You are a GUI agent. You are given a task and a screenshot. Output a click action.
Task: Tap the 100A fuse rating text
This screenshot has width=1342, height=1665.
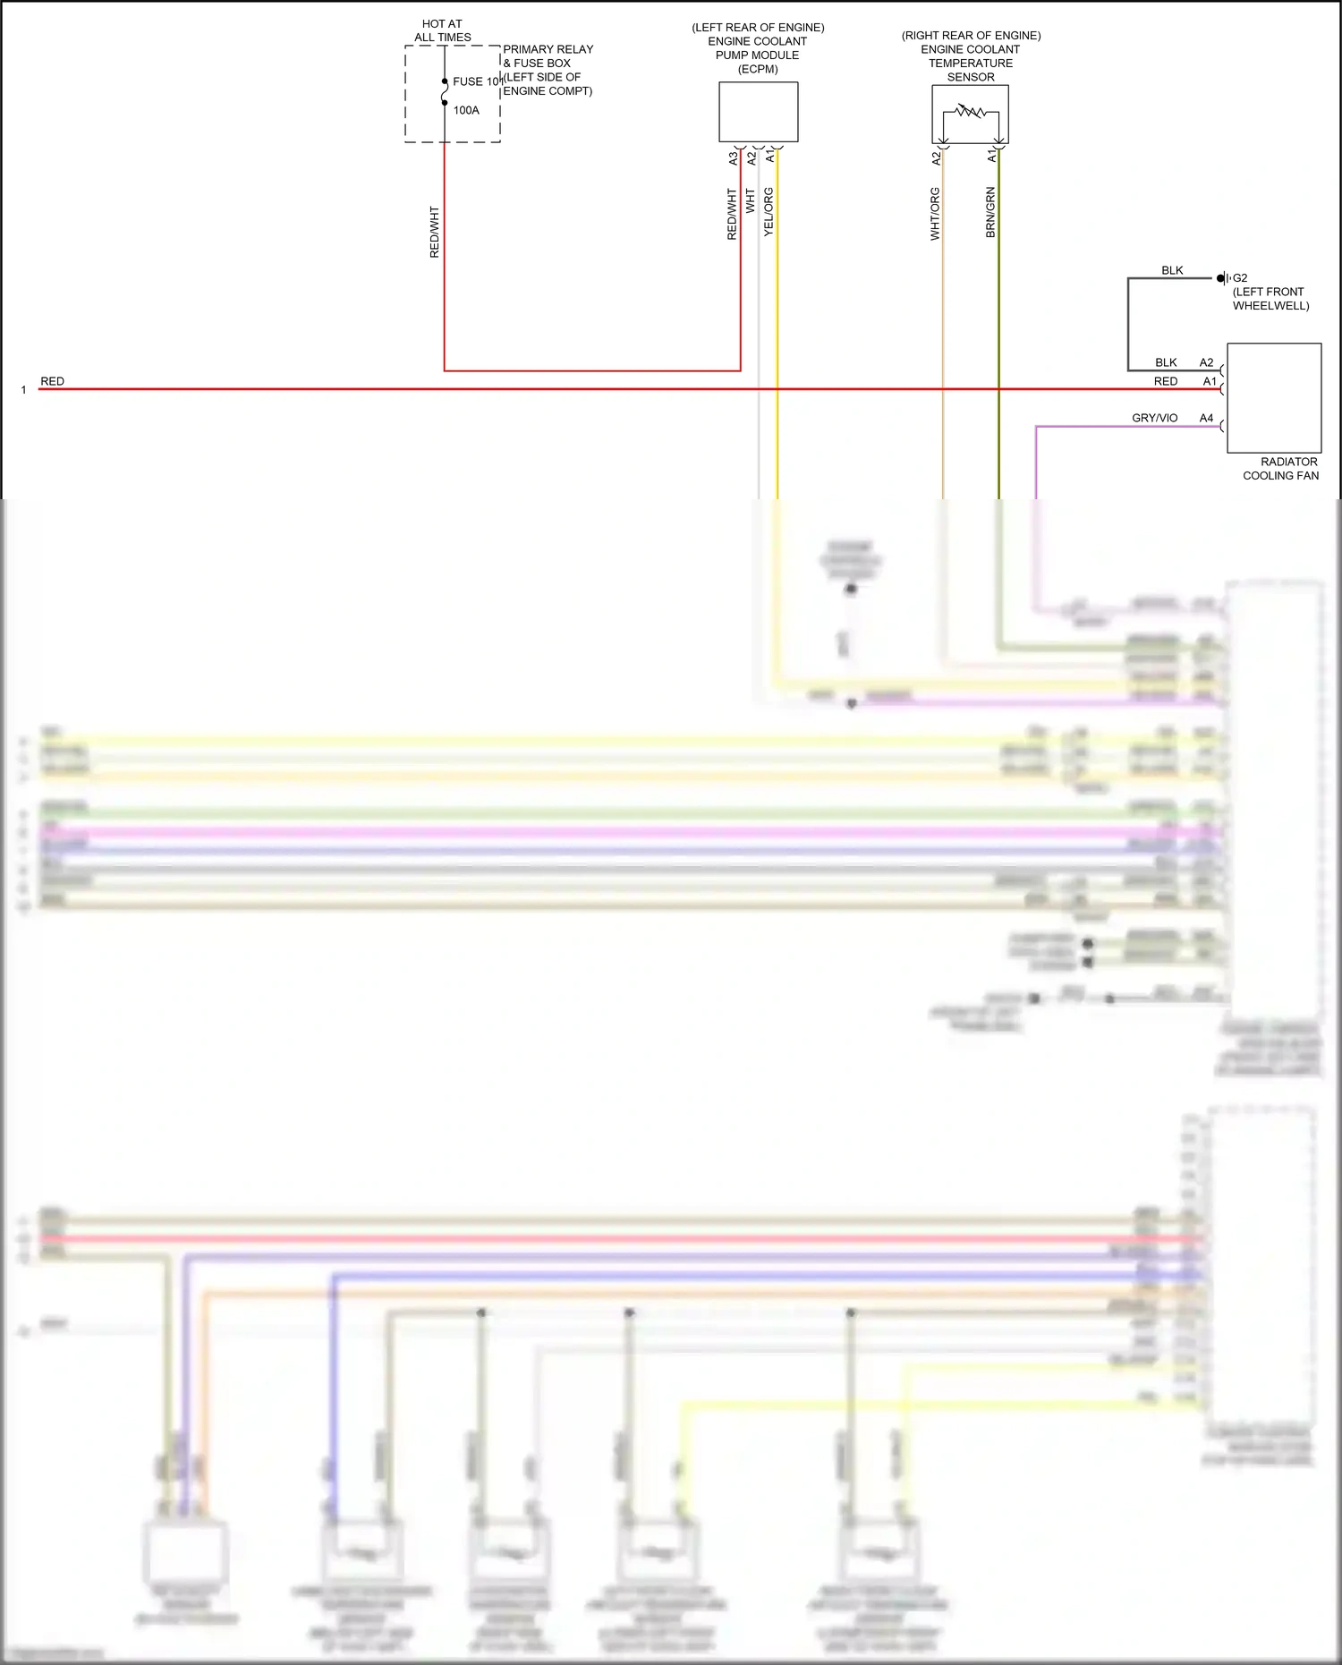pos(466,110)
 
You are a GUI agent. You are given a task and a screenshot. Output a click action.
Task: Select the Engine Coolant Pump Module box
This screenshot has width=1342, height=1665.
pos(758,112)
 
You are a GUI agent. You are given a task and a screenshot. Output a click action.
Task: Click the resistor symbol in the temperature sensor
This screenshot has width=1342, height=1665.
pos(971,113)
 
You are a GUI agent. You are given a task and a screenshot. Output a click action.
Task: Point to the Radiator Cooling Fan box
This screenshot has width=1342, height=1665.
pos(1274,398)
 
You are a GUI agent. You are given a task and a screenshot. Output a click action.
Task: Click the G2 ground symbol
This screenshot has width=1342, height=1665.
pos(1223,278)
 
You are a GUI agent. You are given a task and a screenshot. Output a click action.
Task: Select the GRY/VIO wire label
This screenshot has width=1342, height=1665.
pos(1154,418)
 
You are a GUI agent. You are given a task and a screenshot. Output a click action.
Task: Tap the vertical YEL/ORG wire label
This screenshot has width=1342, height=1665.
pos(769,212)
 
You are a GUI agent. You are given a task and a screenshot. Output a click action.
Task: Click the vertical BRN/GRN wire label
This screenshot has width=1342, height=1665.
pos(990,212)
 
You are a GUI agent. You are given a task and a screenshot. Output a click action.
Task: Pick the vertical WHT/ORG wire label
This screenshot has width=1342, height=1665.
pos(935,214)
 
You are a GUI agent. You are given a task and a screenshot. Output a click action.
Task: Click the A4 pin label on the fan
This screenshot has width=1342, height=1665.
pos(1206,418)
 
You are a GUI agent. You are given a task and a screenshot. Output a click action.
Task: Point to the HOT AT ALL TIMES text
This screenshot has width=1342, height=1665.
pos(442,30)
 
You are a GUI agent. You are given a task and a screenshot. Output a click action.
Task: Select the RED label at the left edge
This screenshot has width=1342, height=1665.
pos(52,381)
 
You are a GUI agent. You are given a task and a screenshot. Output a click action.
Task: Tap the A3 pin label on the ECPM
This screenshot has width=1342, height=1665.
pos(733,157)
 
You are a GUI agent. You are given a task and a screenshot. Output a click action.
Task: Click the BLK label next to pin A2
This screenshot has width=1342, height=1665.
pos(1166,362)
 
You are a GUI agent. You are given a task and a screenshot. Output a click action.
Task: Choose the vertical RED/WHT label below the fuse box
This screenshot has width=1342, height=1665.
pos(435,233)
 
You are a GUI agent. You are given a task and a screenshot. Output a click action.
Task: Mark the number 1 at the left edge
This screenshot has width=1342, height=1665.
pos(23,390)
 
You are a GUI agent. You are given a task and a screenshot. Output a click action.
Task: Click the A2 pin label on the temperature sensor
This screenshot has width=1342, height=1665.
pos(936,157)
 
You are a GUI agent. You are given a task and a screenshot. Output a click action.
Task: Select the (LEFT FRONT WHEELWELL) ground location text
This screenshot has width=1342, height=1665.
pos(1270,299)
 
